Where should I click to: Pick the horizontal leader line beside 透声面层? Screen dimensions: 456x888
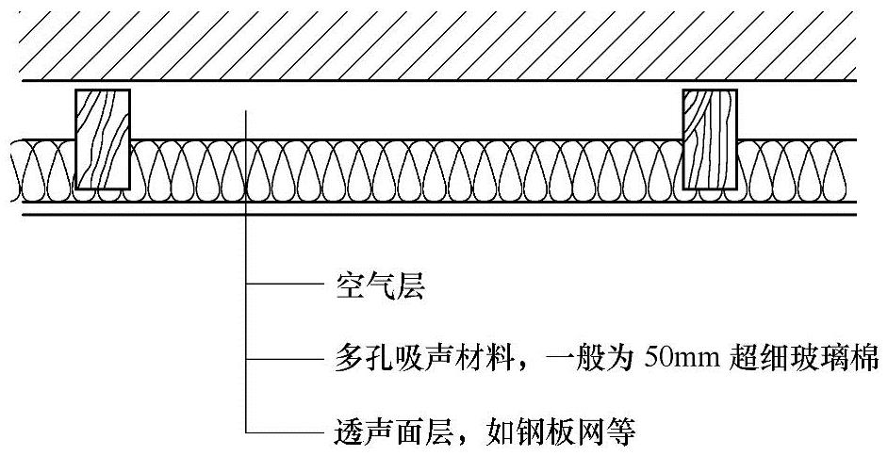click(283, 433)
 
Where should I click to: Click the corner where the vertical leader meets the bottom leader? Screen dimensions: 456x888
click(246, 433)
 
